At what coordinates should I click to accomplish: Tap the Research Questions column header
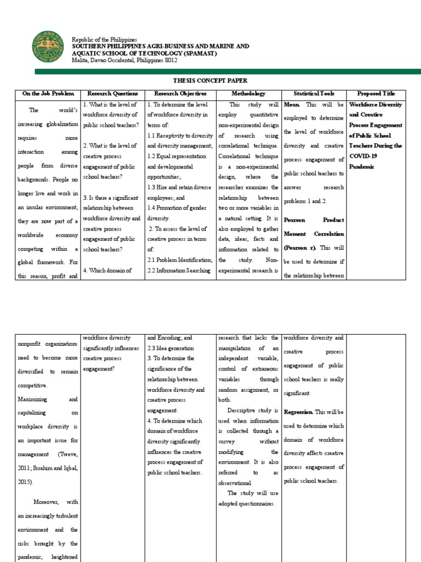click(x=112, y=94)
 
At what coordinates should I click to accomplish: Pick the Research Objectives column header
click(x=180, y=94)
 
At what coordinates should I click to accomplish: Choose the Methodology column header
click(x=248, y=94)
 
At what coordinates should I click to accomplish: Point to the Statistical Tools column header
click(x=314, y=94)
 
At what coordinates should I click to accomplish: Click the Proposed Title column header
click(x=376, y=94)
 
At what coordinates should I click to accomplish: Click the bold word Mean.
click(x=292, y=104)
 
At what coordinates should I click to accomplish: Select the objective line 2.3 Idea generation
click(x=169, y=348)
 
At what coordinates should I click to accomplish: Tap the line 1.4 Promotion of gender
click(x=176, y=208)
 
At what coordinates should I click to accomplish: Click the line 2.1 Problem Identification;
click(x=179, y=260)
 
